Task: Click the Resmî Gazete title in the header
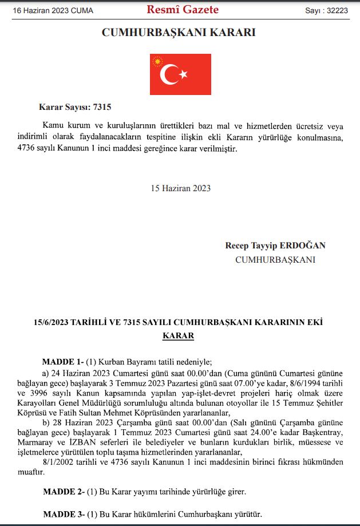pos(183,10)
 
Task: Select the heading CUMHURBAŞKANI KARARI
pos(179,33)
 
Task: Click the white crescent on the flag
pos(169,74)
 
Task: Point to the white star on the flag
pos(184,74)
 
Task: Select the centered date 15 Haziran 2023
pos(181,188)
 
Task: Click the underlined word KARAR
pos(179,336)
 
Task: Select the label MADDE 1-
pos(63,362)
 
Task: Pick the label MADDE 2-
pos(64,492)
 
